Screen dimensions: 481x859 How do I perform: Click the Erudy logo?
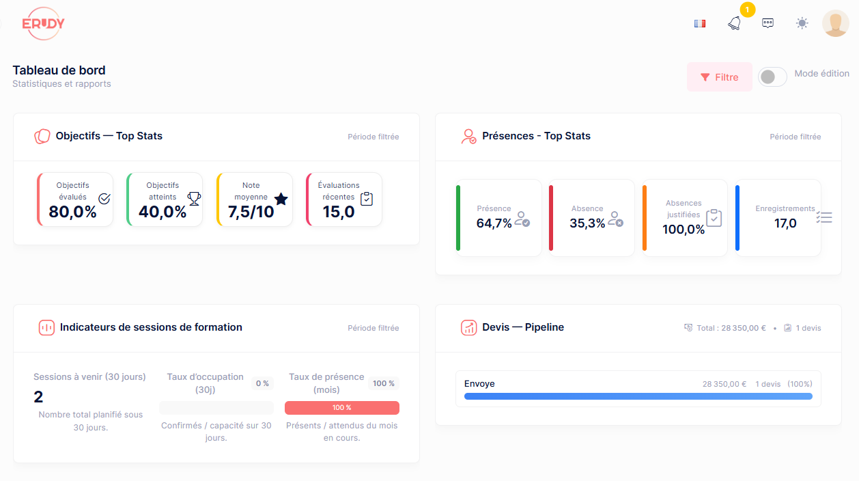click(43, 24)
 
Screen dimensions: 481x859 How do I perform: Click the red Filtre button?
click(719, 77)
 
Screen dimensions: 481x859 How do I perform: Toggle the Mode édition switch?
click(772, 77)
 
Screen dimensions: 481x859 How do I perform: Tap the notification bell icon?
click(734, 24)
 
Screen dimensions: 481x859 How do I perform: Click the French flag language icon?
click(699, 23)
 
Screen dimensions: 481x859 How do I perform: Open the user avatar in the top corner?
click(835, 23)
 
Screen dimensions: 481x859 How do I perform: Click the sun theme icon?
click(802, 23)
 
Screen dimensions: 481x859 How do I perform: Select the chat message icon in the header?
click(768, 23)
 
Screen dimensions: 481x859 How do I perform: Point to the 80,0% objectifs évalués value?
click(72, 212)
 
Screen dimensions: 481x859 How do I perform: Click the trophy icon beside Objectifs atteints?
click(194, 198)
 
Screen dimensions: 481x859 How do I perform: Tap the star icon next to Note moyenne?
click(281, 199)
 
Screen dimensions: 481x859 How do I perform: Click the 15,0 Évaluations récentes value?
click(339, 212)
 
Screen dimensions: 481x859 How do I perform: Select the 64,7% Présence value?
click(494, 223)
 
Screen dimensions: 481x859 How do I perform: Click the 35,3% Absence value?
click(587, 223)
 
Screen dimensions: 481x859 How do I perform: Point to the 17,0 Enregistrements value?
click(785, 223)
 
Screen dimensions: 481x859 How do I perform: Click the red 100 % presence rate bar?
click(341, 408)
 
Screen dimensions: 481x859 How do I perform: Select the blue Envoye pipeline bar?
click(638, 396)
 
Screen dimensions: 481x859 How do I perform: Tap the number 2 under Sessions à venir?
click(38, 397)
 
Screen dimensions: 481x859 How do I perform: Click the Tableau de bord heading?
click(59, 70)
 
